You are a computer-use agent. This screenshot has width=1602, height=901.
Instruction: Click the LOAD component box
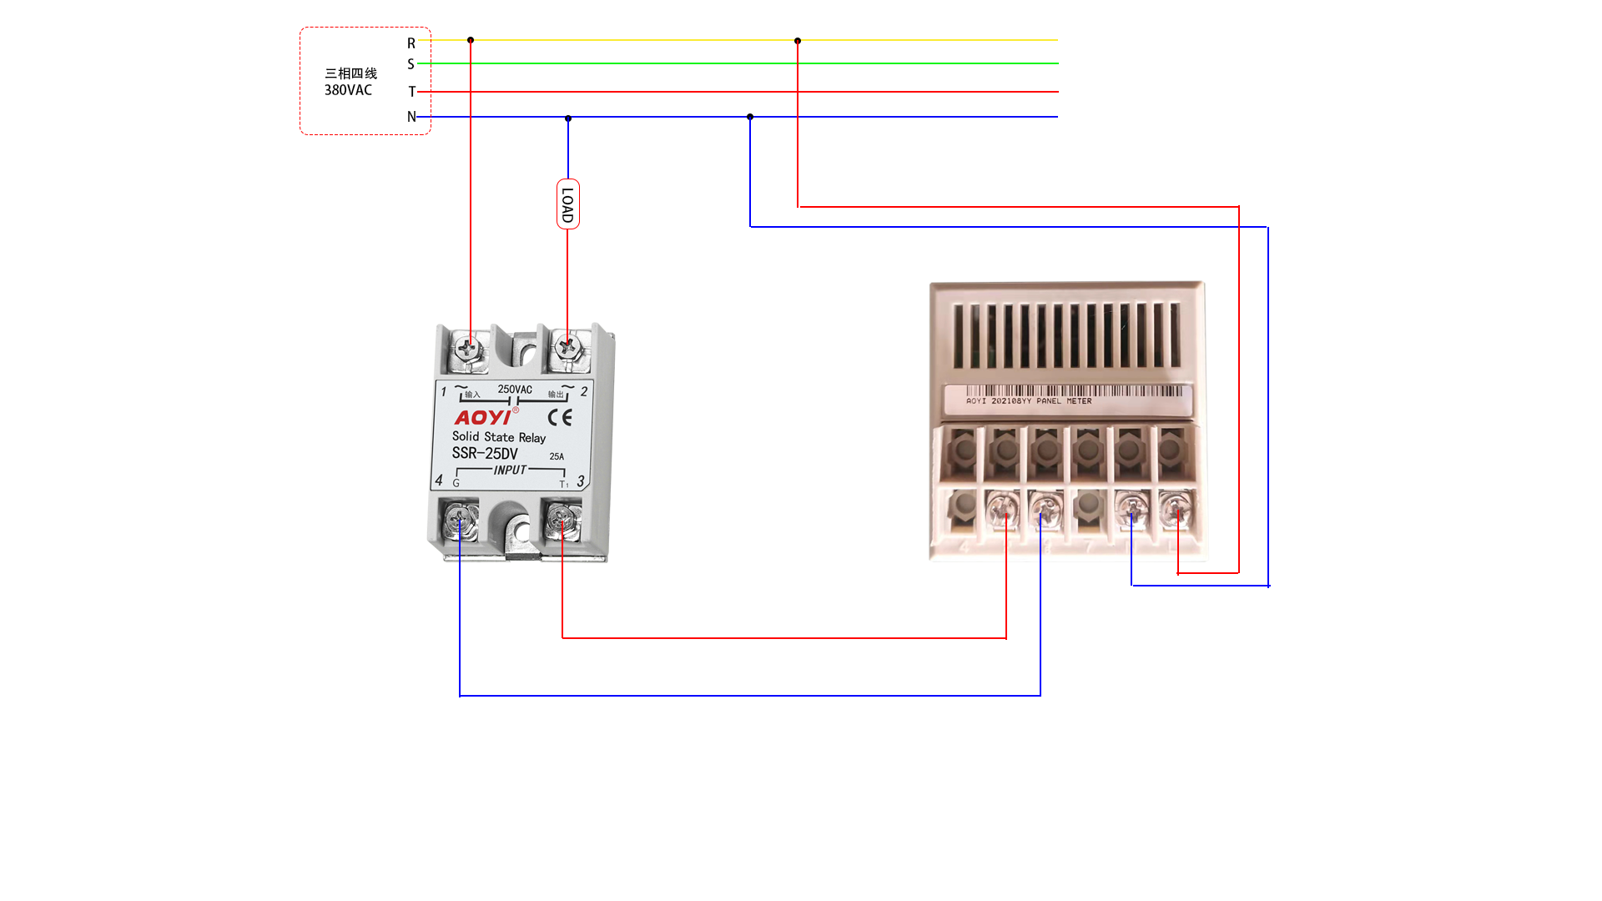[x=568, y=204]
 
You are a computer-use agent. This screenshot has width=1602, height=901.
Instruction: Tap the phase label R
[x=411, y=43]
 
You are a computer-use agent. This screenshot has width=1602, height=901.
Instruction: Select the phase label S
[x=411, y=64]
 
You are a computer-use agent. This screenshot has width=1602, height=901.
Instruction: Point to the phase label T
[x=411, y=92]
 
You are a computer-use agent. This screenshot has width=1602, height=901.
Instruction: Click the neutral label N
[x=411, y=117]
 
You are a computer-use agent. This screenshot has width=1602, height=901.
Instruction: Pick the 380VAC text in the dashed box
[x=348, y=90]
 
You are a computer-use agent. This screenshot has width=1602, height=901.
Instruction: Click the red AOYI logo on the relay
[x=482, y=417]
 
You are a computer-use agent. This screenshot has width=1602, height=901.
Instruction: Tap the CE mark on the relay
[x=560, y=417]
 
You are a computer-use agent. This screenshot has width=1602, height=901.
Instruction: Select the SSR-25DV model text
[x=485, y=453]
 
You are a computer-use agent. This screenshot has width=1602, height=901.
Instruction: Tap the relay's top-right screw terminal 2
[x=569, y=346]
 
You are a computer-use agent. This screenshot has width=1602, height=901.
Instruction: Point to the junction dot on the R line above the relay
[x=471, y=40]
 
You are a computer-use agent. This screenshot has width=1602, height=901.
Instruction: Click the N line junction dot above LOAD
[x=568, y=118]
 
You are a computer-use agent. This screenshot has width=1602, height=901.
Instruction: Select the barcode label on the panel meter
[x=1068, y=396]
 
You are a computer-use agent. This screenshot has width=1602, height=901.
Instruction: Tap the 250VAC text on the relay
[x=515, y=390]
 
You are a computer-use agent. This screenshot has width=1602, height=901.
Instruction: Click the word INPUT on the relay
[x=510, y=471]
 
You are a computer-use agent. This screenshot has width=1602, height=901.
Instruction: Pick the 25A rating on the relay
[x=557, y=456]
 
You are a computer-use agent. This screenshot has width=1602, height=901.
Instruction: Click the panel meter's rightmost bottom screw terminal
[x=1175, y=509]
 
